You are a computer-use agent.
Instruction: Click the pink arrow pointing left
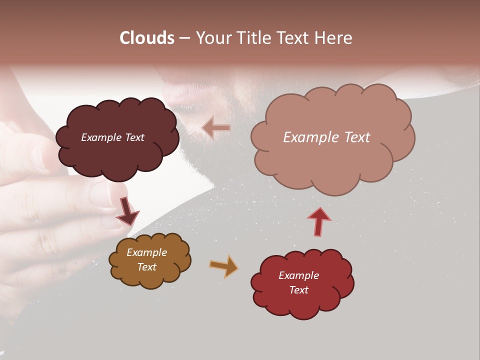pyautogui.click(x=216, y=128)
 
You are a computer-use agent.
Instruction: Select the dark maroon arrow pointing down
pyautogui.click(x=127, y=210)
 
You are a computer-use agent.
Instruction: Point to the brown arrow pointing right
pyautogui.click(x=223, y=266)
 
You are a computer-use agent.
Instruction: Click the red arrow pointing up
pyautogui.click(x=319, y=221)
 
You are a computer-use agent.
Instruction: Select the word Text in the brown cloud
pyautogui.click(x=147, y=267)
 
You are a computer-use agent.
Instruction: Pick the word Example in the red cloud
pyautogui.click(x=298, y=275)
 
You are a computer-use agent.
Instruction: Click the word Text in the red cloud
pyautogui.click(x=298, y=290)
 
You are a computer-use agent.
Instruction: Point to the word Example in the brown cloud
pyautogui.click(x=147, y=252)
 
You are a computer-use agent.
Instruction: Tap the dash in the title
pyautogui.click(x=184, y=38)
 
